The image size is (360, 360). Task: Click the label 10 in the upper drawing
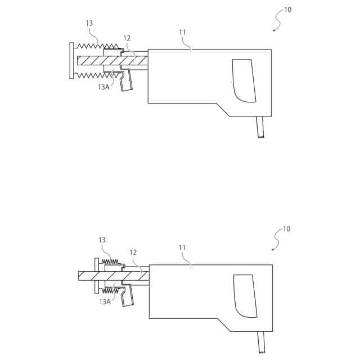[x=287, y=10]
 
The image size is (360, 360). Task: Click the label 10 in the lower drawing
[x=286, y=229]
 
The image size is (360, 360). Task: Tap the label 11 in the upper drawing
[x=182, y=32]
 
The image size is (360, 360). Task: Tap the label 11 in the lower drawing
[x=182, y=247]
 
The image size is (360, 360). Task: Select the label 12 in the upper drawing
[x=127, y=38]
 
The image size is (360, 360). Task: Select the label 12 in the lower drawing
[x=133, y=253]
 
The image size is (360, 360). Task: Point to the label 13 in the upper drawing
[x=89, y=23]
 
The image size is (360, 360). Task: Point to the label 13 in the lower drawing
[x=102, y=240]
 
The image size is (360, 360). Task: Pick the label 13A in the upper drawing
[x=103, y=87]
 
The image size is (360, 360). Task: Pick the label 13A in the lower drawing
[x=105, y=301]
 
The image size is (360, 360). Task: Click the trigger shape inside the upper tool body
[x=245, y=81]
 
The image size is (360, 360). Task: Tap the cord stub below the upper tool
[x=260, y=127]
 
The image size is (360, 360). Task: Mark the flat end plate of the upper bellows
[x=71, y=60]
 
